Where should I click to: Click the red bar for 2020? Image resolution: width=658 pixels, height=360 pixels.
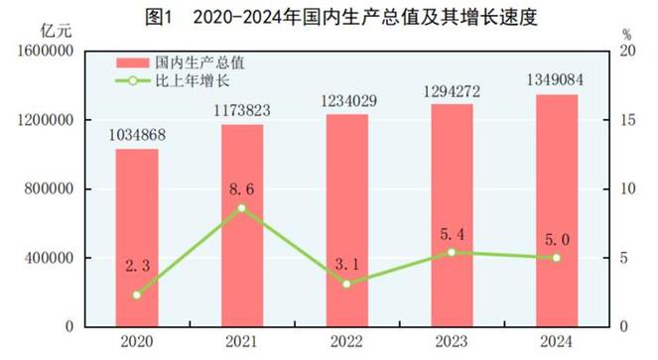[137, 238]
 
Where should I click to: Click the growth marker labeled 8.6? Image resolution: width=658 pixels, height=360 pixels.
[242, 208]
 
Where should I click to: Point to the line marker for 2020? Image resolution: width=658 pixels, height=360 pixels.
[137, 295]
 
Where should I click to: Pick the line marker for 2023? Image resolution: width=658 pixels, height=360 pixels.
[452, 252]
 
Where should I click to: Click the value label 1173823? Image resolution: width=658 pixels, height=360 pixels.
[242, 110]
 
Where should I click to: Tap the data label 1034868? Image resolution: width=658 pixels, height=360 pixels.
[137, 135]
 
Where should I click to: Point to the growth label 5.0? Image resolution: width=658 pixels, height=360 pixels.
[557, 238]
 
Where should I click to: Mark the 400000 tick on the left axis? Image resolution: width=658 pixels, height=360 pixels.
[49, 258]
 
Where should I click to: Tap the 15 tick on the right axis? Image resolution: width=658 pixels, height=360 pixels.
[623, 120]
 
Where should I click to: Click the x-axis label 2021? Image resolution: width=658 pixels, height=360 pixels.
[242, 342]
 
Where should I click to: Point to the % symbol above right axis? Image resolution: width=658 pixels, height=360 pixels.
[625, 34]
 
